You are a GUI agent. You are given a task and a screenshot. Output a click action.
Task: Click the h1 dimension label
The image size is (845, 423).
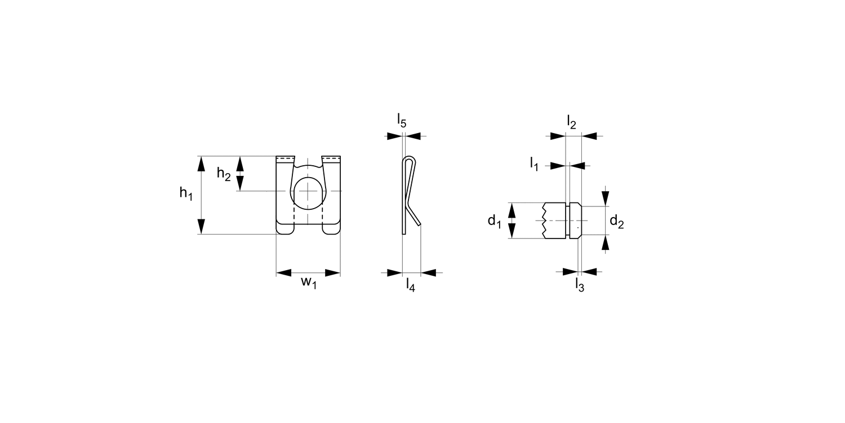pyautogui.click(x=186, y=193)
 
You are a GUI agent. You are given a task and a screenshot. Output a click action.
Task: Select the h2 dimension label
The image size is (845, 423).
pyautogui.click(x=224, y=174)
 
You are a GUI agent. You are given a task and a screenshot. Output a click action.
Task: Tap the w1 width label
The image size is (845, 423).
pyautogui.click(x=309, y=283)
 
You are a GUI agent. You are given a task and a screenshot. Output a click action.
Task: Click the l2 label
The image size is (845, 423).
pyautogui.click(x=572, y=122)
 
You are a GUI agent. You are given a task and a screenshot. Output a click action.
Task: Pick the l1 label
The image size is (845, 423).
pyautogui.click(x=534, y=164)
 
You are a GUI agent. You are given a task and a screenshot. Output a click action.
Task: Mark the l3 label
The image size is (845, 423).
pyautogui.click(x=579, y=285)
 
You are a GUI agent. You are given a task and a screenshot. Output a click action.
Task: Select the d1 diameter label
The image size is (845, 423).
pyautogui.click(x=494, y=221)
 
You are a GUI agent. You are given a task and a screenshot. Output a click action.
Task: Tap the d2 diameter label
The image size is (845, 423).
pyautogui.click(x=616, y=222)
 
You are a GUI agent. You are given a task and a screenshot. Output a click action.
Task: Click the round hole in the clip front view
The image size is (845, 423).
pyautogui.click(x=308, y=191)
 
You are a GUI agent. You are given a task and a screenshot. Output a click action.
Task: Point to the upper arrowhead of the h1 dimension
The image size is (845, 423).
pyautogui.click(x=201, y=163)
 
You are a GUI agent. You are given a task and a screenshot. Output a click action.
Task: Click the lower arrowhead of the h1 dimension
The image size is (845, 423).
pyautogui.click(x=201, y=227)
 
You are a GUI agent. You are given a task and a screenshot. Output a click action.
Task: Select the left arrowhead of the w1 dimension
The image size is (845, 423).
pyautogui.click(x=283, y=273)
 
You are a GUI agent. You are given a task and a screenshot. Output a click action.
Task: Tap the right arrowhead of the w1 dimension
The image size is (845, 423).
pyautogui.click(x=333, y=273)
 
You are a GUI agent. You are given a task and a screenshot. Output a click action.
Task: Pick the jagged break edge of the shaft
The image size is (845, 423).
pyautogui.click(x=544, y=221)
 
